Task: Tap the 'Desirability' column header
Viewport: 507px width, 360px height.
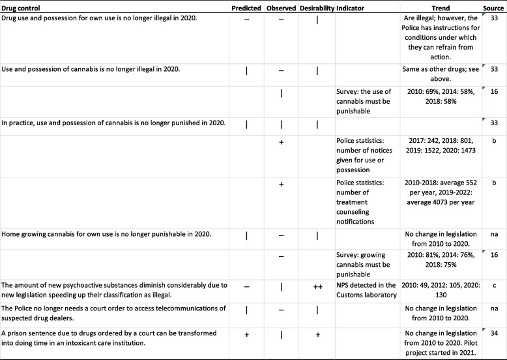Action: [x=317, y=7]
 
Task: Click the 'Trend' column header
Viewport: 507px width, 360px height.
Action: [x=440, y=7]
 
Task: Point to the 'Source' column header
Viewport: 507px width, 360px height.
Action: [x=494, y=7]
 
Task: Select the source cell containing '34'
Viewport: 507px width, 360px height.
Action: [x=494, y=334]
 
